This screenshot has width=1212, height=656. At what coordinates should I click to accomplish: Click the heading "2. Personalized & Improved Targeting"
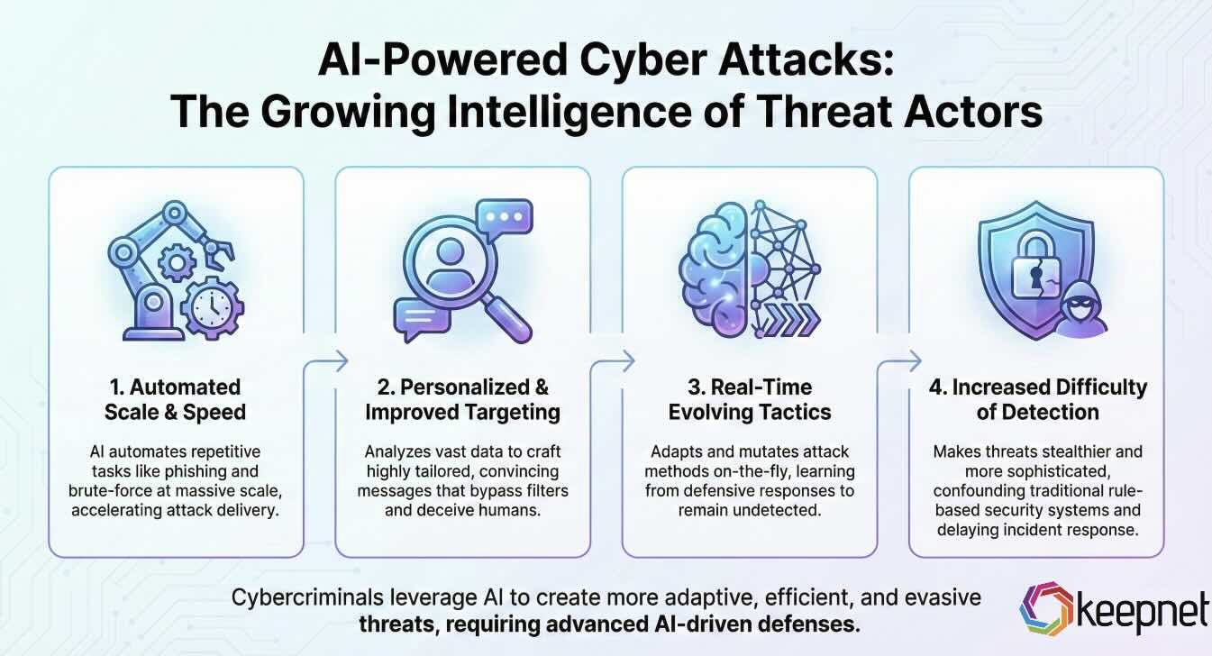click(463, 399)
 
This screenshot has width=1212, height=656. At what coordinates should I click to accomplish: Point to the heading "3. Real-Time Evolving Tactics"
click(750, 399)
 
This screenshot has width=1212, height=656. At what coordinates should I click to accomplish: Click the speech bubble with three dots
click(506, 219)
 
